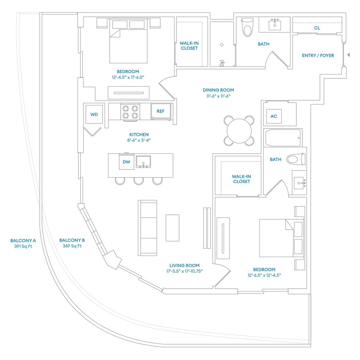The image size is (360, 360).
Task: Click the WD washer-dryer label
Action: coord(94,115)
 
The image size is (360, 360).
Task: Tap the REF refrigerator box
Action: coord(161,111)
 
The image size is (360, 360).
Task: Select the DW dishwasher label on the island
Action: coord(126,162)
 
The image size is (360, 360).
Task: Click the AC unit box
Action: coord(274,116)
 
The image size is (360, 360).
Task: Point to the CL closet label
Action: coord(317,28)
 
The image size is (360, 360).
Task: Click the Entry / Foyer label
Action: coord(318,56)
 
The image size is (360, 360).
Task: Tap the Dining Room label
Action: coord(218,90)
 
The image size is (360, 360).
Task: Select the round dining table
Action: coord(239,131)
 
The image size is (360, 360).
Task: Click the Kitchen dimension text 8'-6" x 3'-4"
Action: coord(139,140)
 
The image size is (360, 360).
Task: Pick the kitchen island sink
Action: coord(143,162)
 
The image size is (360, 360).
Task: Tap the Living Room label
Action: coord(184,265)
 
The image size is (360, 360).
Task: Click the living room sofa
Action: coord(148,228)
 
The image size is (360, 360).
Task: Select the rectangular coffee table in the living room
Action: coord(172,228)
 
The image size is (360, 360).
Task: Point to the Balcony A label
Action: coord(23,240)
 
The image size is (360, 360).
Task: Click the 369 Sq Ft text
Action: coord(72,246)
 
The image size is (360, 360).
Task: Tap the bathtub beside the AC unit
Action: coord(283,138)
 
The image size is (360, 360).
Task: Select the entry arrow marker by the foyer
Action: coord(348,55)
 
